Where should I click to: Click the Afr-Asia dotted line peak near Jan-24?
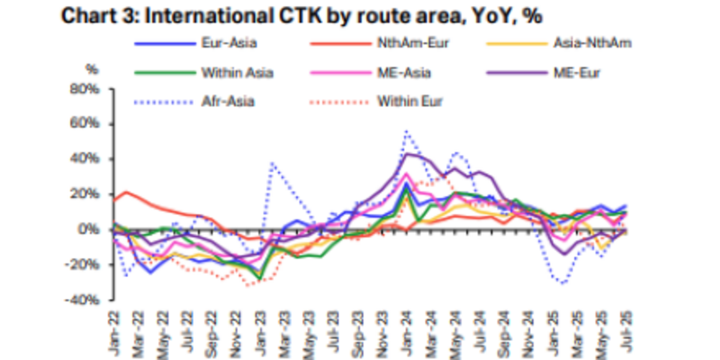(x=407, y=131)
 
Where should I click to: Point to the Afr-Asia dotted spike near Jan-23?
(x=272, y=164)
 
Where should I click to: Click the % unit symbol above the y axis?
(x=90, y=68)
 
